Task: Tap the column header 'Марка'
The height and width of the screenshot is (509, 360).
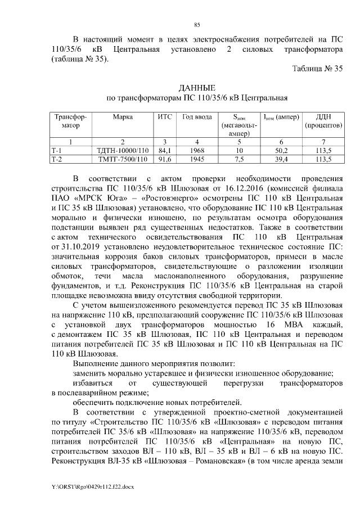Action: point(123,117)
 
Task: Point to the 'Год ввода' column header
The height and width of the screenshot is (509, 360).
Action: point(197,117)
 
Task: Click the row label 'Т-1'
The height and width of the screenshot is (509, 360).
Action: point(57,151)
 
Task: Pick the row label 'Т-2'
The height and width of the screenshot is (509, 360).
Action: point(57,159)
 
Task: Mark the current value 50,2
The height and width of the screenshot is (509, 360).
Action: point(280,151)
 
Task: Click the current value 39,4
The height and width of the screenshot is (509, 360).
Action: point(280,159)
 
